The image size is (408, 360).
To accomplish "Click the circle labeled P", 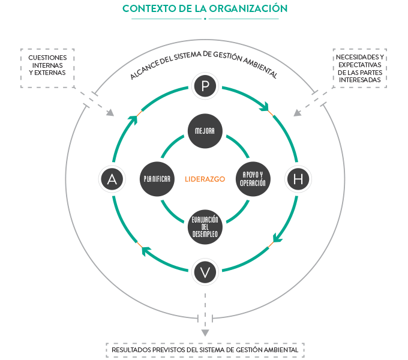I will point(205,86).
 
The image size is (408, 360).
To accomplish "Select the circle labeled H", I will point(298,179).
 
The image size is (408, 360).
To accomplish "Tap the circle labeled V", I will point(205,272).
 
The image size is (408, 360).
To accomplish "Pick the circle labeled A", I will point(112,179).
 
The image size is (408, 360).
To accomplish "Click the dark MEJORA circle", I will point(205,131).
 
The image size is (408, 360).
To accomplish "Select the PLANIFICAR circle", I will point(157,179).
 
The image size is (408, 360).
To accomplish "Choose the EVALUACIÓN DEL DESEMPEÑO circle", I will point(205,227).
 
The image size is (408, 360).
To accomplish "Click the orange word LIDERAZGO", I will point(205,179).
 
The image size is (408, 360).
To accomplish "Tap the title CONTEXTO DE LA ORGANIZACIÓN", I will point(205,8).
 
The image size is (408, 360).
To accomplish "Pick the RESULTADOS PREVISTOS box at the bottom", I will point(205,349).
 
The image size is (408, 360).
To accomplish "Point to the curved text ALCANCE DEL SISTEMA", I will point(204,62).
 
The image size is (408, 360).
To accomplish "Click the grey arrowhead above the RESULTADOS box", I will point(205,332).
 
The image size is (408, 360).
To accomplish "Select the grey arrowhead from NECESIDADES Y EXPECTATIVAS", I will point(298,112).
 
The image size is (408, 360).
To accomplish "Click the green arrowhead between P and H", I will point(263,107).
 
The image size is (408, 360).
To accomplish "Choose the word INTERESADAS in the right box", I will point(359,79).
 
